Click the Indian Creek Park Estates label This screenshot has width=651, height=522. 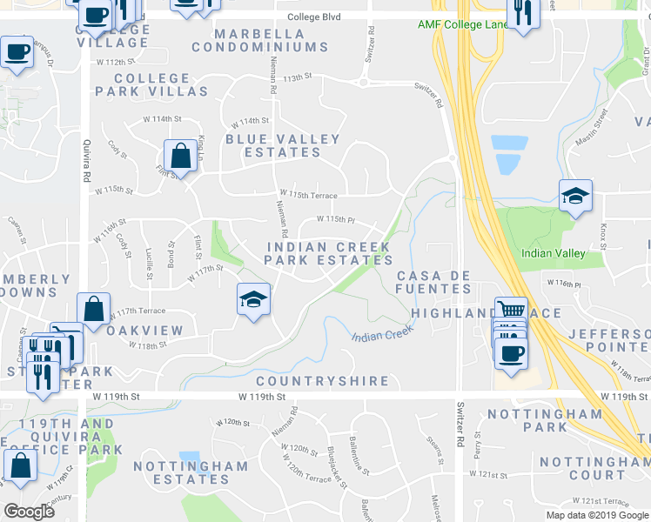coord(329,253)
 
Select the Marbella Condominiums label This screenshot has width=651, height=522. coord(272,40)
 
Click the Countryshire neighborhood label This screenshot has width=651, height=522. coord(322,381)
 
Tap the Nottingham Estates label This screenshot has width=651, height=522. coord(191,472)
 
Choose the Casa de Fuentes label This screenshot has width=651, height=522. coord(434,282)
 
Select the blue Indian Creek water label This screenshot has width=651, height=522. coord(381,334)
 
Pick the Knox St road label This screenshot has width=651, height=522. coord(603,233)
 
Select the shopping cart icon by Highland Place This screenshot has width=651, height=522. coord(510,310)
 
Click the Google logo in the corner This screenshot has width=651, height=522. coord(30,512)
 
